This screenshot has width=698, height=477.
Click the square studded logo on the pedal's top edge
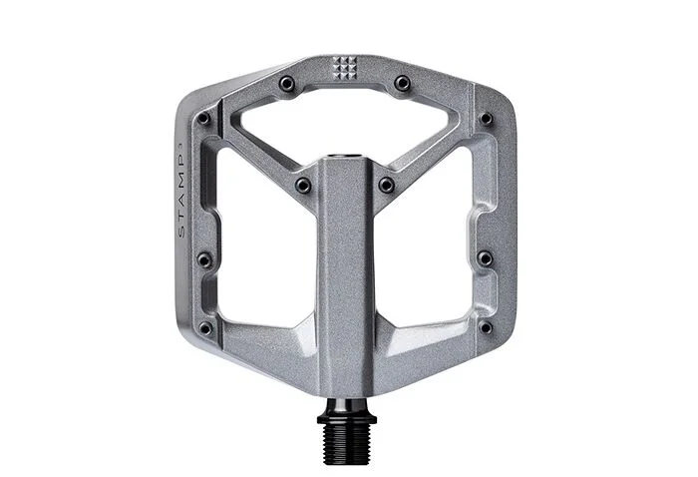coord(345,68)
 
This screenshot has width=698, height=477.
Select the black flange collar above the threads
coord(347,419)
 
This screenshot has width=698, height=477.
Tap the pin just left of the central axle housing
coord(303,185)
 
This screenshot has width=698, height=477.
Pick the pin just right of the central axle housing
coord(387,185)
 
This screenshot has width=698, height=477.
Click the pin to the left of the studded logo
coord(287,83)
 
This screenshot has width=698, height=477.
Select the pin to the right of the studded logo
coord(403,83)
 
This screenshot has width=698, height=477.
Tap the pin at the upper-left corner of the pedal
coord(203,118)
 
